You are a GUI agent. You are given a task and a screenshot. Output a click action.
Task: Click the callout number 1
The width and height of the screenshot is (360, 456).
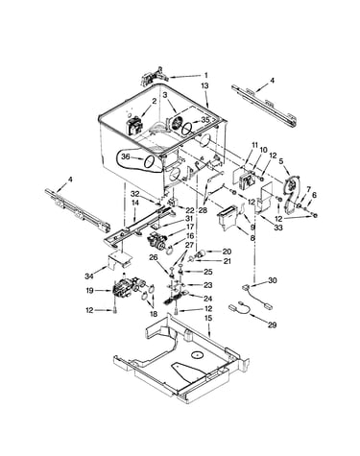(206, 75)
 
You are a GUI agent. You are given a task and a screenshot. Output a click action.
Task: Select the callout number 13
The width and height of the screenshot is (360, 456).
(204, 85)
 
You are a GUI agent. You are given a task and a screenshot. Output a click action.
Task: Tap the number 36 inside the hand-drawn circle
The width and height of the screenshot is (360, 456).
(126, 156)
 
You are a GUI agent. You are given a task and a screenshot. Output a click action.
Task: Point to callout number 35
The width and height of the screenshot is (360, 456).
(204, 120)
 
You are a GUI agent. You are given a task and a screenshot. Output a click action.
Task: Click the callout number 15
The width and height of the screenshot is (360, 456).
(208, 319)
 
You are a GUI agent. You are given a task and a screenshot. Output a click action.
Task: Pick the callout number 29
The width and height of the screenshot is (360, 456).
(272, 325)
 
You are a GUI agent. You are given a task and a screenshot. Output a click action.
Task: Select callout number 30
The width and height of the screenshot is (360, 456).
(273, 280)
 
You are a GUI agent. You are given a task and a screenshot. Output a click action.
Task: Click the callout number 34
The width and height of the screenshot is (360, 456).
(89, 276)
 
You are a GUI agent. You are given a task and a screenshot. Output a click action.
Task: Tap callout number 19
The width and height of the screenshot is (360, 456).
(89, 291)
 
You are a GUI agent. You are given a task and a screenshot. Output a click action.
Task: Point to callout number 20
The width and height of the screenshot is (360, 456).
(227, 252)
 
